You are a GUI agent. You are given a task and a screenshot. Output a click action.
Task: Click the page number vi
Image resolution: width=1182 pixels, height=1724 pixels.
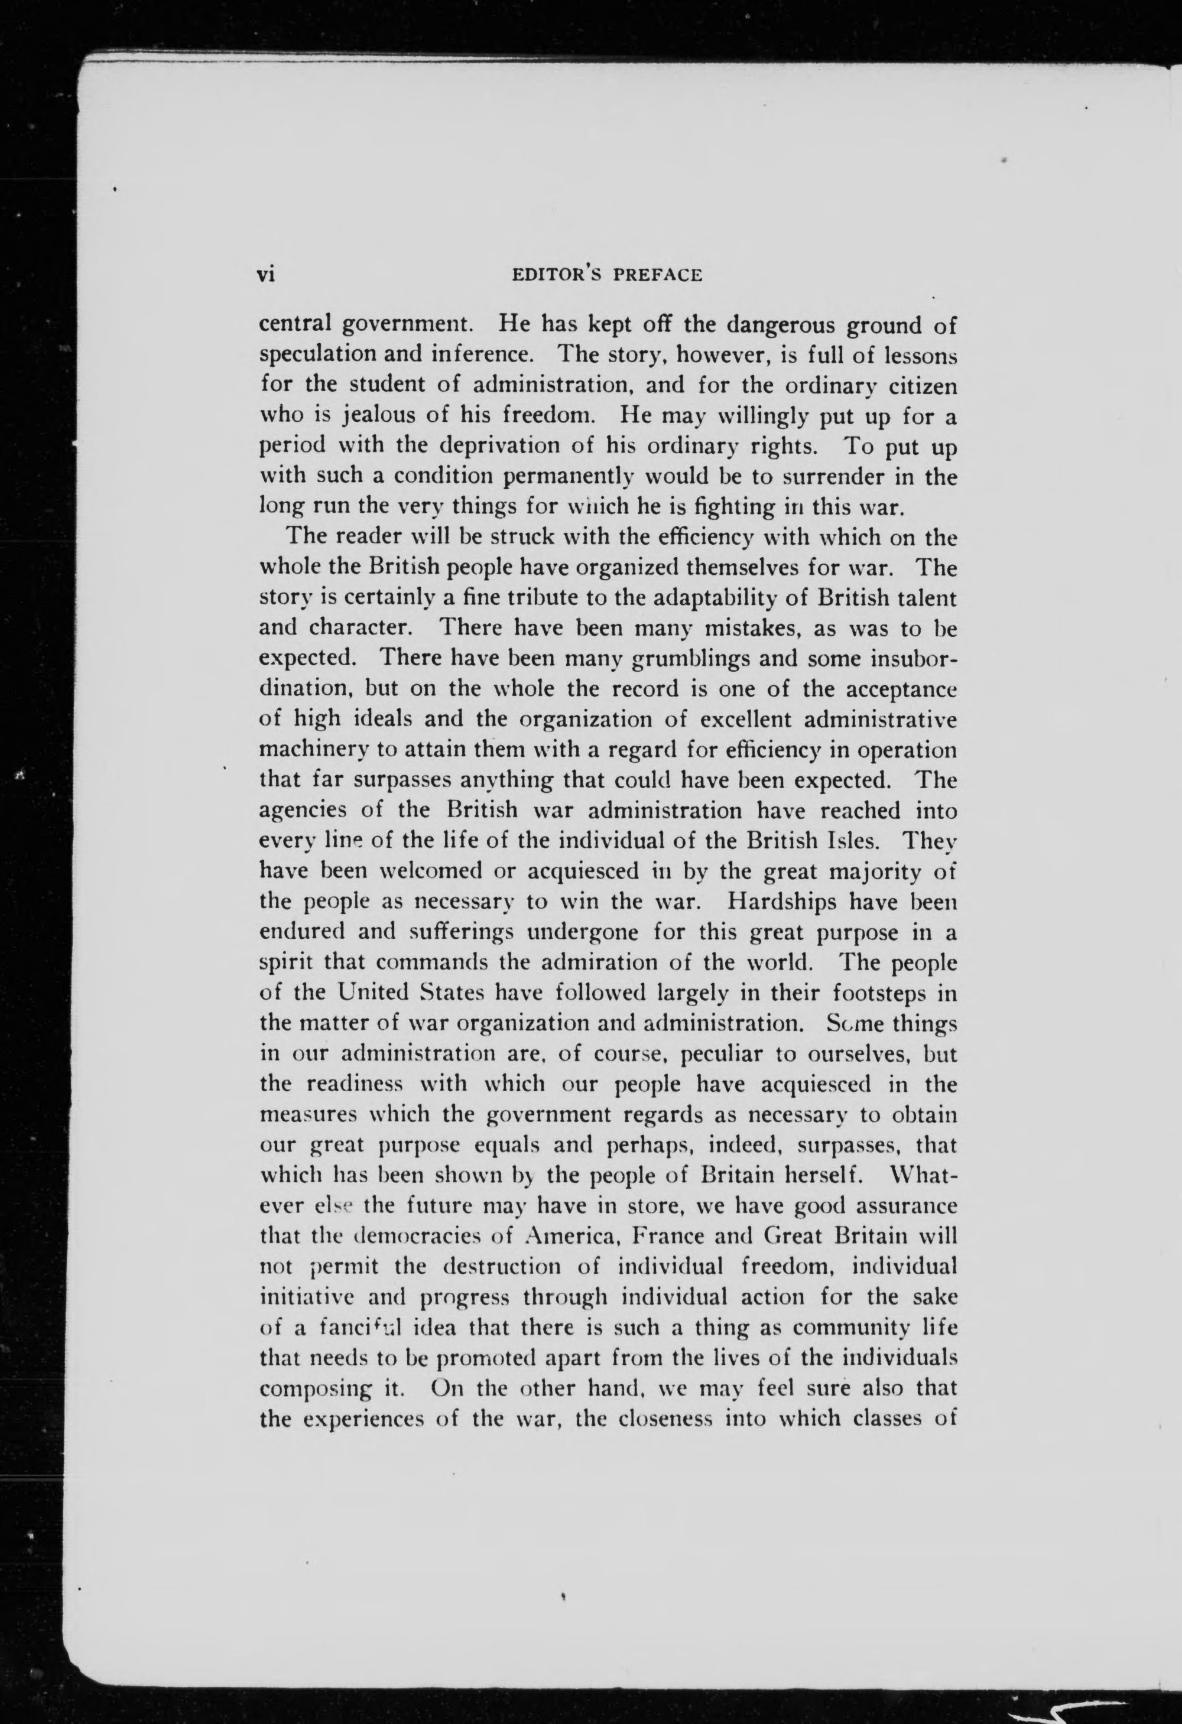[x=265, y=275]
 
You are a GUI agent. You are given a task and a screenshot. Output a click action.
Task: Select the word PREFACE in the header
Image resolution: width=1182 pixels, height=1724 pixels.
[x=657, y=275]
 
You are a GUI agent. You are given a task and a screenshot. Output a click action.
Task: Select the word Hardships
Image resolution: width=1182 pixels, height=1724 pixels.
[x=772, y=902]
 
